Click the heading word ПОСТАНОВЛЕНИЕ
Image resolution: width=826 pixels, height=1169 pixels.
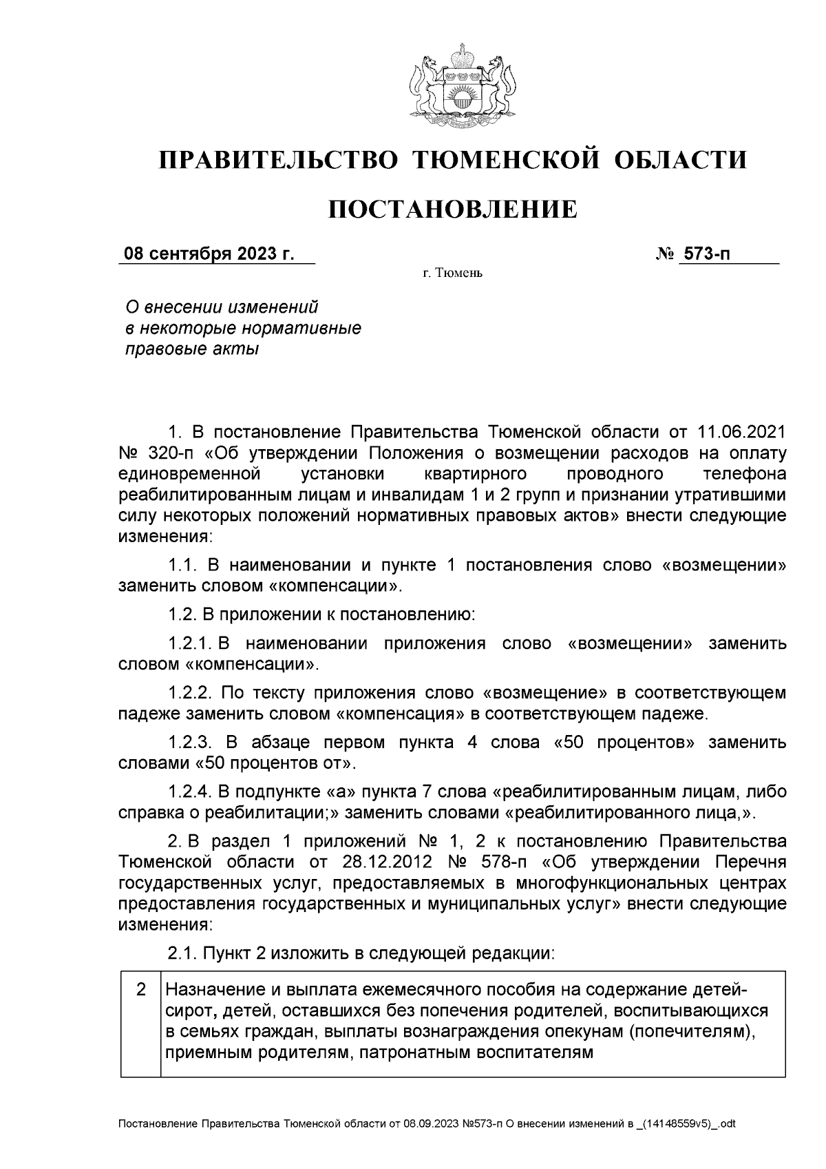click(x=452, y=209)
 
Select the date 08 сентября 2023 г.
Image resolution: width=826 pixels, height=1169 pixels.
click(x=209, y=254)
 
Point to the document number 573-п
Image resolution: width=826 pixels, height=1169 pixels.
click(x=706, y=254)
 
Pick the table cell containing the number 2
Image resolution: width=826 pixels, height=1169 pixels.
click(x=140, y=990)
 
